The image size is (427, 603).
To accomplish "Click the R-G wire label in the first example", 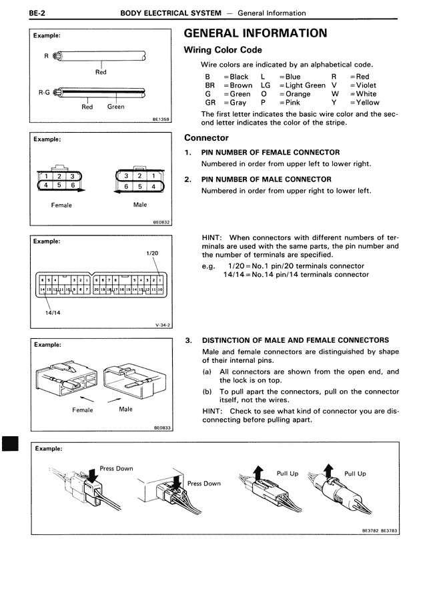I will [x=43, y=91].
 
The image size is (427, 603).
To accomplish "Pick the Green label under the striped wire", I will [x=115, y=107].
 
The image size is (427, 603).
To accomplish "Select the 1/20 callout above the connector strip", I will [x=151, y=253].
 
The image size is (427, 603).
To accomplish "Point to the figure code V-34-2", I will [x=163, y=325].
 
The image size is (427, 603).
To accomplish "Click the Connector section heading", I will [x=206, y=138].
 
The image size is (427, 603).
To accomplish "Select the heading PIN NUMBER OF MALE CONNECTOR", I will [x=266, y=179].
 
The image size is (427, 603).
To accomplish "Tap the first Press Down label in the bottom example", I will [x=117, y=468].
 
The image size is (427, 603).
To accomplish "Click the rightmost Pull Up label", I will [x=355, y=474].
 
